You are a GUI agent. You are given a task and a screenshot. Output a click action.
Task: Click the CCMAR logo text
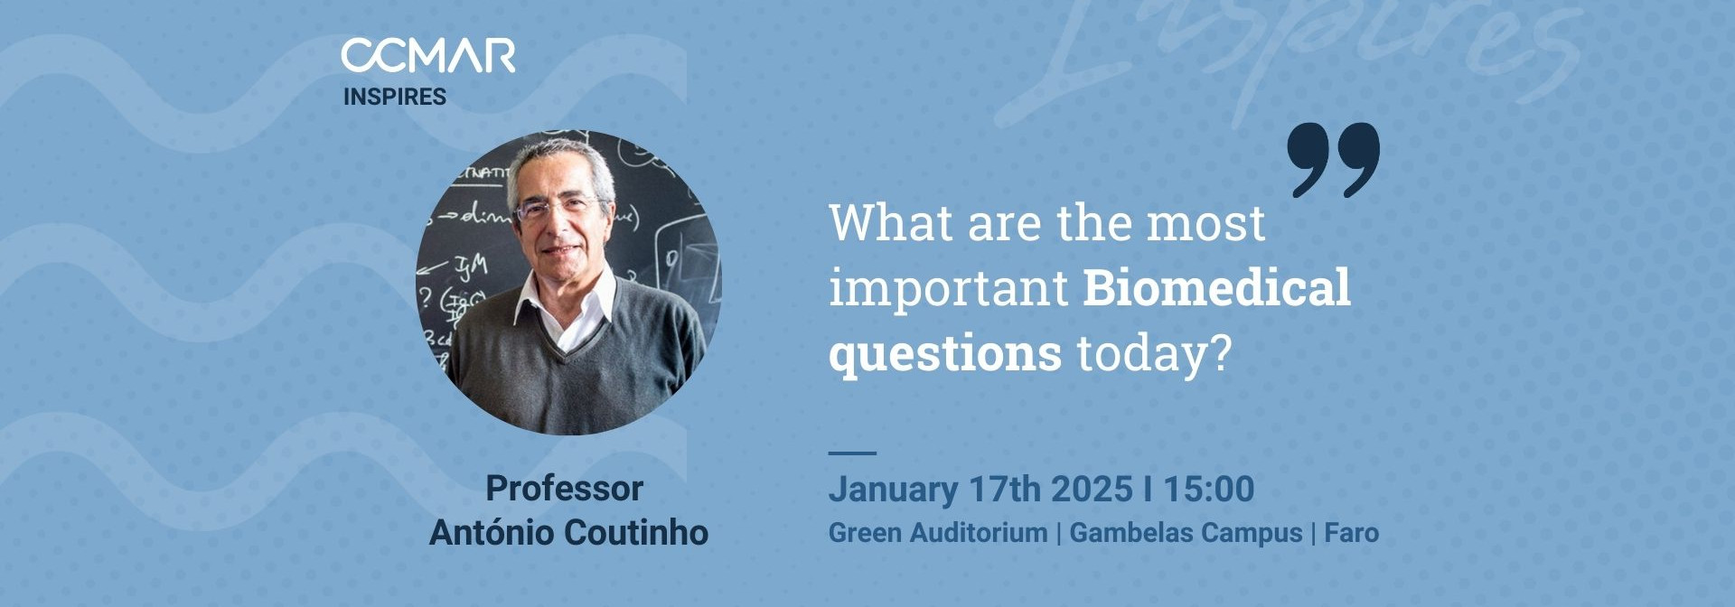pos(428,56)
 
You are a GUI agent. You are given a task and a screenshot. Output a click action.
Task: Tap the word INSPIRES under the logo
pos(395,97)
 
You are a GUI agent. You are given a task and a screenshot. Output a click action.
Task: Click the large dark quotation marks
pos(1334,160)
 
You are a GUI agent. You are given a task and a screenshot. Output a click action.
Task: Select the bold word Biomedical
pos(1216,288)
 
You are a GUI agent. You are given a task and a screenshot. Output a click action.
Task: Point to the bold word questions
pos(945,353)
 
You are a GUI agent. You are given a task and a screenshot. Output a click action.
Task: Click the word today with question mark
pos(1154,353)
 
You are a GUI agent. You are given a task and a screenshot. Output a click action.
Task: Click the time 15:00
pos(1208,489)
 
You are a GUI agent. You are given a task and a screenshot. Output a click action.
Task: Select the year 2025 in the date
pos(1093,489)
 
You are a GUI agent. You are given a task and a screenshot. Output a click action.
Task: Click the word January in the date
pos(893,489)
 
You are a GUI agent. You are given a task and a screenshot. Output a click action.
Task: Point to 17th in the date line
pos(1004,489)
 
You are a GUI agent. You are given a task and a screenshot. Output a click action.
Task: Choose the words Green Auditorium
pos(938,533)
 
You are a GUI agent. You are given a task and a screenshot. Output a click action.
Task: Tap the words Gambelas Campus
pos(1186,533)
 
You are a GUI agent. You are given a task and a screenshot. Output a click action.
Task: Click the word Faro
pos(1351,533)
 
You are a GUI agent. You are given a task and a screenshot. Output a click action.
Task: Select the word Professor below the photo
pos(564,489)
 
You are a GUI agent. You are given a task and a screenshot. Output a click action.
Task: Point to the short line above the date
pos(852,453)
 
